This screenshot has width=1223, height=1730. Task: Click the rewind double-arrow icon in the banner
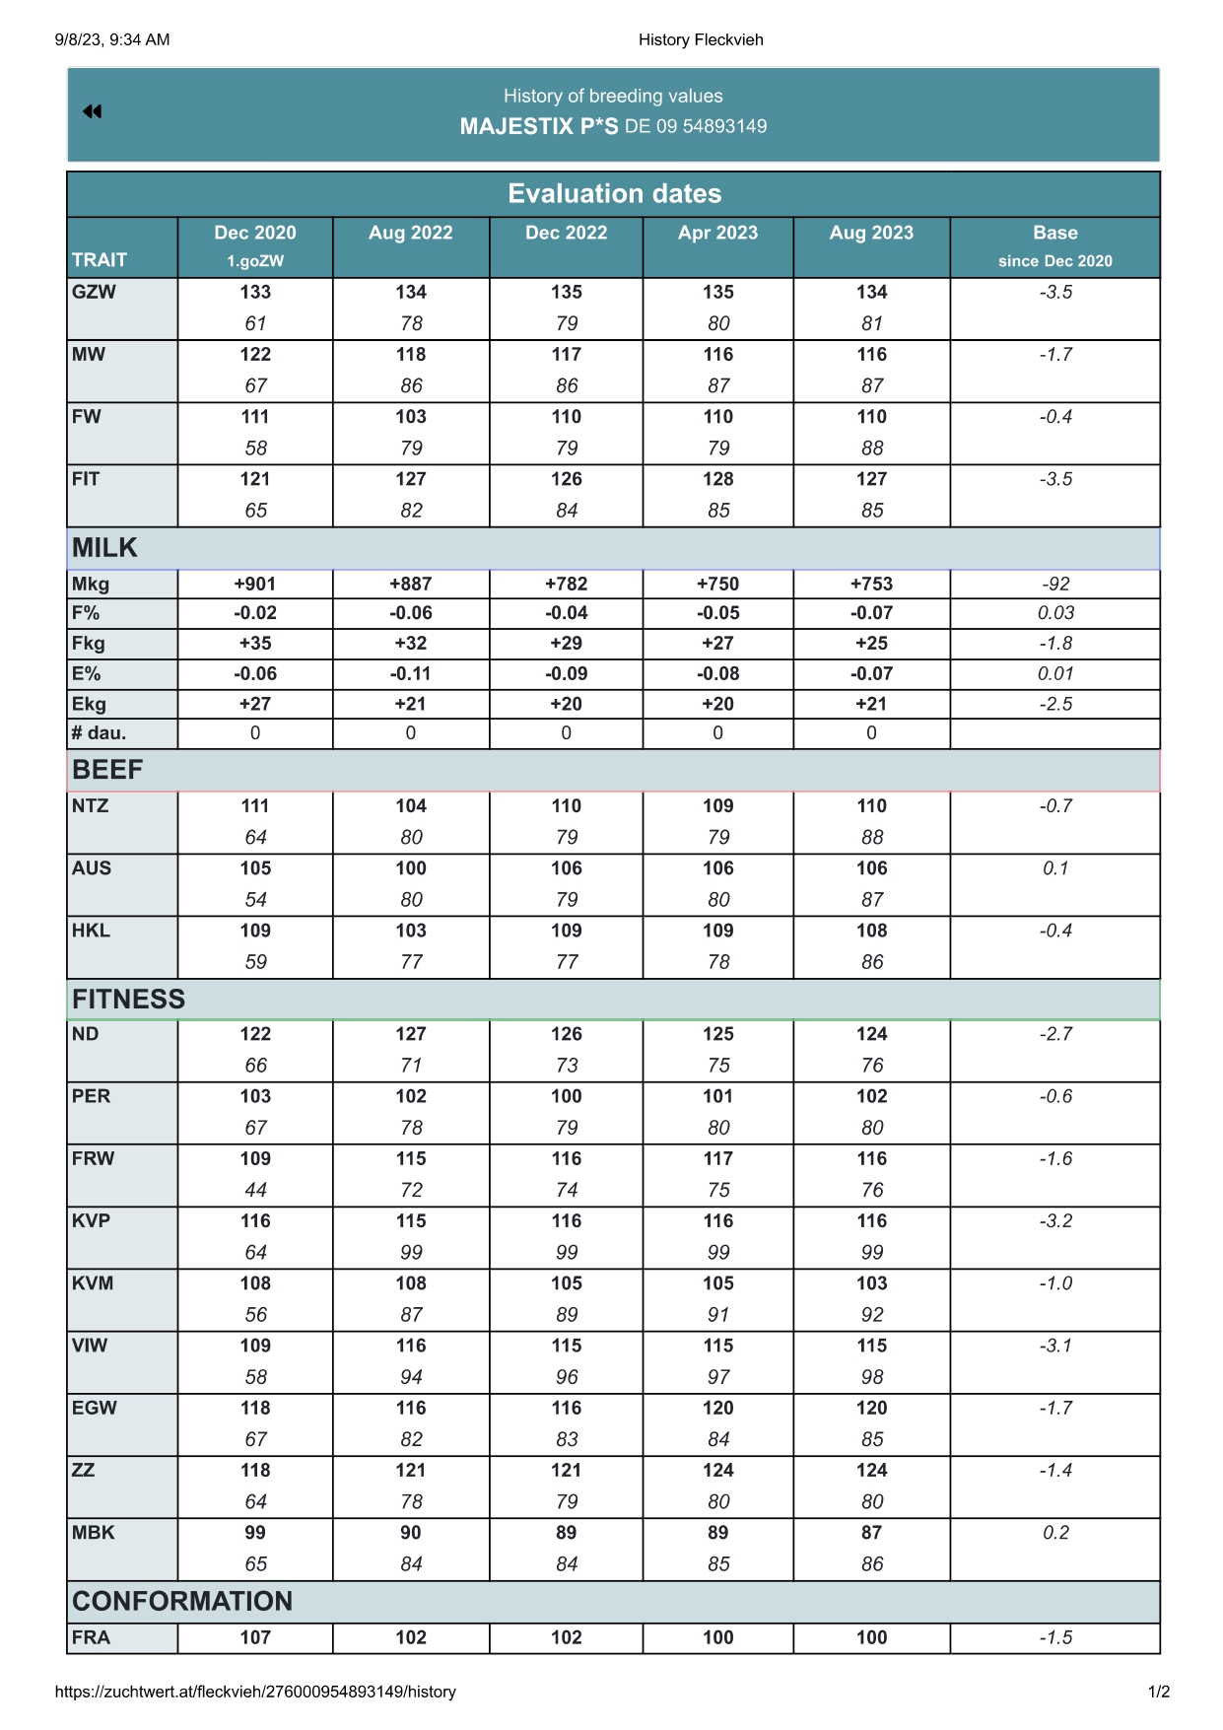point(93,111)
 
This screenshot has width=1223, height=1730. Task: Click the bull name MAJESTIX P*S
point(539,126)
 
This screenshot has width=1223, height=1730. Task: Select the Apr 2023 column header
point(717,233)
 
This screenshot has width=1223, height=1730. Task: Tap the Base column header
point(1054,233)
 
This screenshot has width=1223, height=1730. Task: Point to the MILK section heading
point(104,548)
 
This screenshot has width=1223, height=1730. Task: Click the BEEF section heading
point(107,770)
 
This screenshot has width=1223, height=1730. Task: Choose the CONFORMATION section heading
point(182,1601)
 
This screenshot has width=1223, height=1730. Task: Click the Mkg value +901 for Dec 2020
point(255,584)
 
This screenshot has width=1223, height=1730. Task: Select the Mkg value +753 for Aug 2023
point(871,584)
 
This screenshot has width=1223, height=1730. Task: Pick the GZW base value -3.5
point(1054,292)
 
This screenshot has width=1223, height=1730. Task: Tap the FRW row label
point(93,1158)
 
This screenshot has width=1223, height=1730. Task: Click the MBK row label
point(93,1532)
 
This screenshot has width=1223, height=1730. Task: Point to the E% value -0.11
point(411,673)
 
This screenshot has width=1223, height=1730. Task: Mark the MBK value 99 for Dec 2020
point(255,1532)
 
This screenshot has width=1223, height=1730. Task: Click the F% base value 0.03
point(1054,613)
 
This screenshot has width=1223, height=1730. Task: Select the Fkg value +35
point(255,643)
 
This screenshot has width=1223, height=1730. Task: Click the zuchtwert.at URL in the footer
point(255,1692)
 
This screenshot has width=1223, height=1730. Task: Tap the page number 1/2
point(1158,1692)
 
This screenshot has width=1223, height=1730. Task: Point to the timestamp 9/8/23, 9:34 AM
point(112,39)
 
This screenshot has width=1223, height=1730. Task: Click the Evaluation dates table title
point(614,193)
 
